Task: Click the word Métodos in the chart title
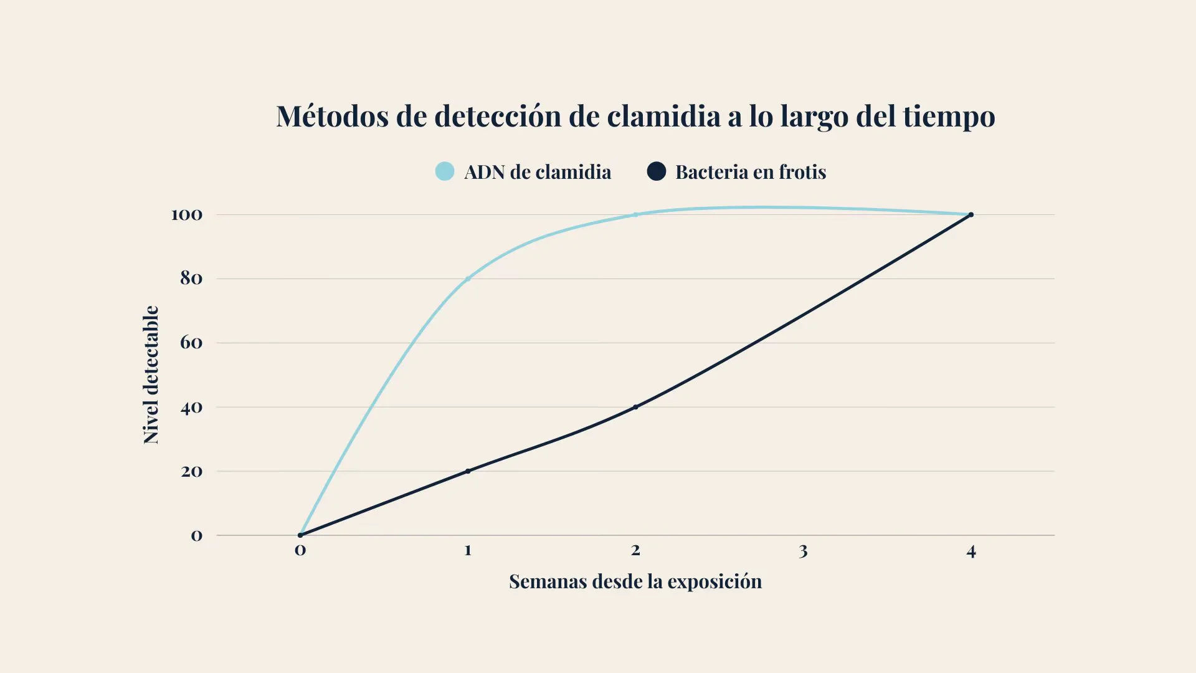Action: coord(332,117)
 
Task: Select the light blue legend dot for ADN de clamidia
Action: coord(445,171)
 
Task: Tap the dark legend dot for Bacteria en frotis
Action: coord(657,171)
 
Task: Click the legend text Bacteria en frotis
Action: coord(751,172)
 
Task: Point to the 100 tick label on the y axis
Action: coord(187,215)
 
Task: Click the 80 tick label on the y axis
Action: coord(191,279)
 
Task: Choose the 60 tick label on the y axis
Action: coord(191,343)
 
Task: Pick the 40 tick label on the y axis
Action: coord(191,408)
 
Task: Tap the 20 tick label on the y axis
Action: coord(191,472)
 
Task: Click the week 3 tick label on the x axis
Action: coord(804,551)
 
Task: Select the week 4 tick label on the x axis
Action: coord(971,551)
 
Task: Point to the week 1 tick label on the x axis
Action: coord(468,550)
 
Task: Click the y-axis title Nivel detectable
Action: coord(151,375)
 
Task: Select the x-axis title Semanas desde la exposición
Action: coord(635,581)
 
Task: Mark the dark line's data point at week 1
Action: coord(468,471)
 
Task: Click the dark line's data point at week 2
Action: coord(635,407)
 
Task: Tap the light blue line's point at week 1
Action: coord(468,279)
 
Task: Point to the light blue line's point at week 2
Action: coord(635,214)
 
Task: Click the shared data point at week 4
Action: coord(971,215)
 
